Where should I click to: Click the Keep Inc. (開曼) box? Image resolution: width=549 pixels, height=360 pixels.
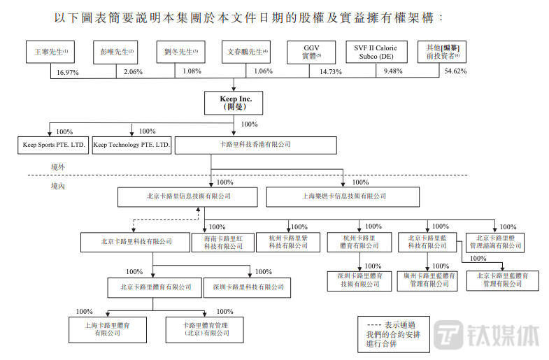(x=236, y=103)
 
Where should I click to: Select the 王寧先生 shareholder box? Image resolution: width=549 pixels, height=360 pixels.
(x=50, y=52)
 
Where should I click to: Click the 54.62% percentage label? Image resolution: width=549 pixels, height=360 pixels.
(x=455, y=72)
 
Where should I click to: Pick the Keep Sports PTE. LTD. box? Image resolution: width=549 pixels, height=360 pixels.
(x=54, y=145)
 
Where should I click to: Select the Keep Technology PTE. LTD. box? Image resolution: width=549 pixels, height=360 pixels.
(x=132, y=145)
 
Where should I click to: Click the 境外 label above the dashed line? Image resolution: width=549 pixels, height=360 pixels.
(x=59, y=168)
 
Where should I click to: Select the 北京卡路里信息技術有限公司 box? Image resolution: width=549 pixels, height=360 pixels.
(x=188, y=196)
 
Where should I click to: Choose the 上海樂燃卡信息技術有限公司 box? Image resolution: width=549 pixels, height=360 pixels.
(x=345, y=196)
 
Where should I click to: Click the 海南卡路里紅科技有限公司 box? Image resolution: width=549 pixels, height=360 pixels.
(x=221, y=242)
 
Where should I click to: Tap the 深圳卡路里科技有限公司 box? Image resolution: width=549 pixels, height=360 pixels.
(x=248, y=287)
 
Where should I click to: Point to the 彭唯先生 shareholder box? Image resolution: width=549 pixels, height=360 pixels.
(x=113, y=52)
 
